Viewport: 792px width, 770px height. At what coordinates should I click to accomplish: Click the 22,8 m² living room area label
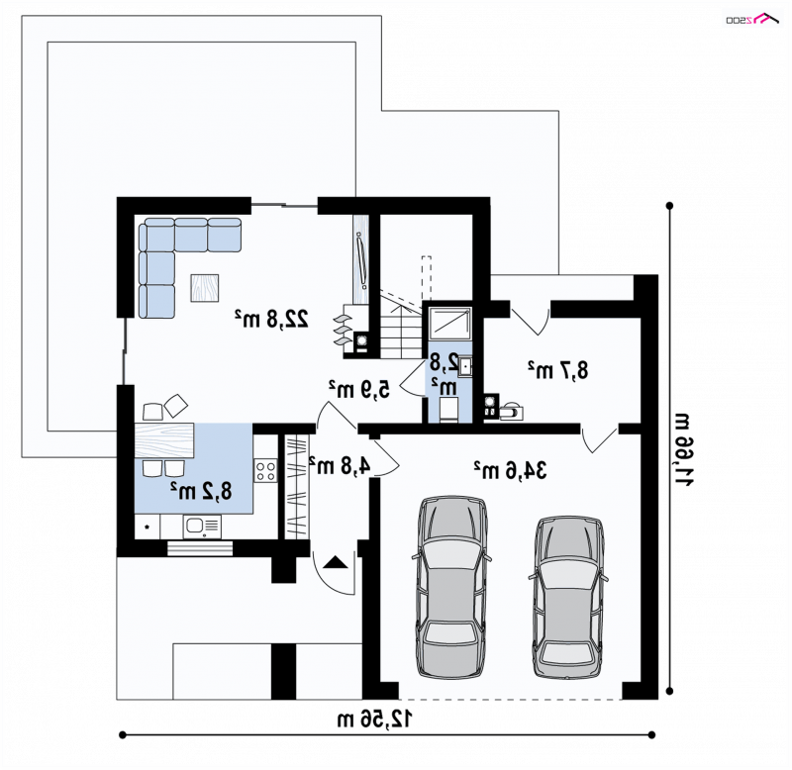click(271, 319)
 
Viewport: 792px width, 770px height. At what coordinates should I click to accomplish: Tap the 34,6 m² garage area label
click(510, 470)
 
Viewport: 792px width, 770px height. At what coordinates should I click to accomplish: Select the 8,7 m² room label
click(558, 370)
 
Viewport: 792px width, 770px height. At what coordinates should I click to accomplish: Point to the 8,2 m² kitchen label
click(201, 491)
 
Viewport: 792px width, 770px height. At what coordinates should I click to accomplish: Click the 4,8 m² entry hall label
click(340, 465)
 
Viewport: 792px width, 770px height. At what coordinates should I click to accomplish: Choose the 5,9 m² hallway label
click(359, 389)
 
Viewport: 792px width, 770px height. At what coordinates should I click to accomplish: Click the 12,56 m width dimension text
click(375, 719)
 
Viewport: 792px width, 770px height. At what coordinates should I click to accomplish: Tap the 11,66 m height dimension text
click(685, 449)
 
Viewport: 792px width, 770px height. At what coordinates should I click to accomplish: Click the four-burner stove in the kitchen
click(265, 471)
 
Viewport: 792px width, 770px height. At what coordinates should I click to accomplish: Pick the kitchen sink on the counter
click(202, 527)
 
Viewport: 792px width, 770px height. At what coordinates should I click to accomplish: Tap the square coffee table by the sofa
click(205, 288)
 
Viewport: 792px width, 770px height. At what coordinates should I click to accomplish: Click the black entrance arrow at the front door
click(336, 562)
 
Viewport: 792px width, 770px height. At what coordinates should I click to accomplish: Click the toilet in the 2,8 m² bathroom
click(448, 410)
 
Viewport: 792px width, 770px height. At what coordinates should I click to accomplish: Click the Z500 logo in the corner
click(751, 18)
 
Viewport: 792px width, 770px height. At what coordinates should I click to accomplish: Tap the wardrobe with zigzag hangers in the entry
click(296, 486)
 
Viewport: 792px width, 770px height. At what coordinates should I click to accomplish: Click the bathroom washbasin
click(465, 366)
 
